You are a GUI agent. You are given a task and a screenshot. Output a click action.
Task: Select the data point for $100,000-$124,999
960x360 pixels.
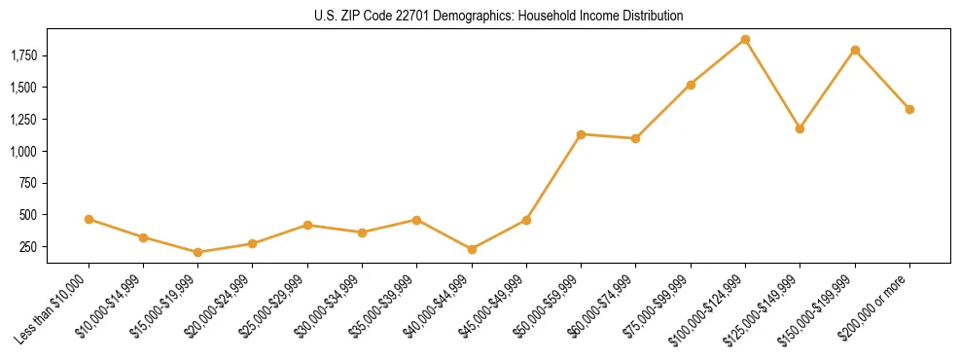point(745,40)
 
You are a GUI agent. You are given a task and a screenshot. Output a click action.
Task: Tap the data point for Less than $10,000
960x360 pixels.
point(89,220)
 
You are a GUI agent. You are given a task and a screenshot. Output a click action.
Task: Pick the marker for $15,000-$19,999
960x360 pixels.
point(198,252)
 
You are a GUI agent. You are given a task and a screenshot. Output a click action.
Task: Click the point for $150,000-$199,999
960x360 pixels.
point(855,50)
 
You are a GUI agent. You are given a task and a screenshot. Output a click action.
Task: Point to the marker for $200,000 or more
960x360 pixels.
point(909,109)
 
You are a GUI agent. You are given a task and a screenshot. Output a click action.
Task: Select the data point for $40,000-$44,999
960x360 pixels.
point(472,249)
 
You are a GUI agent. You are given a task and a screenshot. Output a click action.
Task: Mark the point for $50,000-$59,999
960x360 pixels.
point(581,134)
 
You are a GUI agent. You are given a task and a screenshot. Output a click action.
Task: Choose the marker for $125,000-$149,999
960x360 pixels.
point(800,128)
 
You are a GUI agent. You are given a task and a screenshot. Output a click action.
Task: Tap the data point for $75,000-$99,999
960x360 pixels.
point(691,85)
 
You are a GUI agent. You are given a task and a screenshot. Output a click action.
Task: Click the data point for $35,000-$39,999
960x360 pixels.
point(416,220)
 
